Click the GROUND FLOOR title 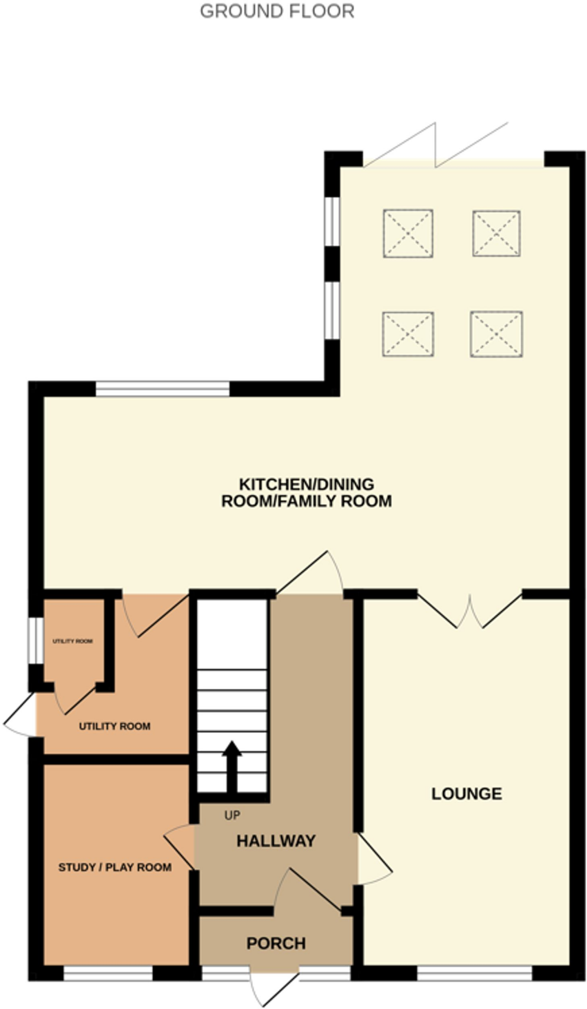coord(277,11)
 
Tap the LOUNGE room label coord(467,794)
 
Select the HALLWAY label coord(276,841)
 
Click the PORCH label coord(276,943)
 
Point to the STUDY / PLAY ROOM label coord(115,867)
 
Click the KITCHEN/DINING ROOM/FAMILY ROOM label coord(306,493)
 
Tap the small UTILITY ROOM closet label coord(73,641)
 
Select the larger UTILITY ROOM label coord(114,726)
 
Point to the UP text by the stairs coord(232,815)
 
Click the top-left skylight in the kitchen coord(408,233)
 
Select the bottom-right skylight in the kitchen coord(496,334)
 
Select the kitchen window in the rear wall coord(162,389)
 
